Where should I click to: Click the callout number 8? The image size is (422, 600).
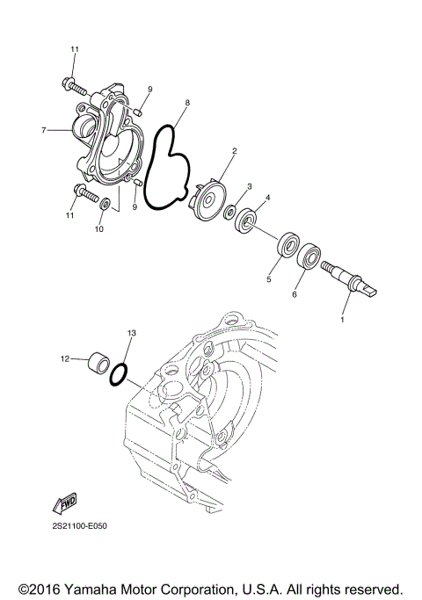click(x=187, y=104)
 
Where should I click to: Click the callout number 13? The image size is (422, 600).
click(x=132, y=334)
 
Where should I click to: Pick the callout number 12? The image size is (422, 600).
click(x=64, y=358)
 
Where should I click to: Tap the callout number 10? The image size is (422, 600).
click(x=98, y=229)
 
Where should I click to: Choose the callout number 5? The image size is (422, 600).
click(x=269, y=281)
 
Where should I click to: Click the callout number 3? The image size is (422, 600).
click(x=250, y=186)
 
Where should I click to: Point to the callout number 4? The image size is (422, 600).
click(x=268, y=198)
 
